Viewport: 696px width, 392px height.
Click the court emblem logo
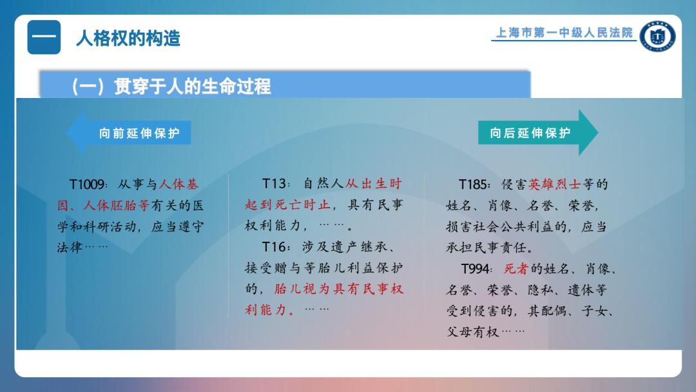pyautogui.click(x=658, y=36)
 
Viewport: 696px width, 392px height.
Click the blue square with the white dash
pyautogui.click(x=44, y=37)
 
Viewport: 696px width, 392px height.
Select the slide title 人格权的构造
pyautogui.click(x=128, y=38)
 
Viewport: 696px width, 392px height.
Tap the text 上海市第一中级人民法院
pyautogui.click(x=564, y=33)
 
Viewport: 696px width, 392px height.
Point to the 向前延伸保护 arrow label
pyautogui.click(x=139, y=133)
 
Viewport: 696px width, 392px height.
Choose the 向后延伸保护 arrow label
pyautogui.click(x=530, y=133)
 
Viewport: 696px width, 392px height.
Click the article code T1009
pyautogui.click(x=88, y=184)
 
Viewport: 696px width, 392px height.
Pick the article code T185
pyautogui.click(x=474, y=184)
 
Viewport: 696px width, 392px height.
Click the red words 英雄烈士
pyautogui.click(x=554, y=184)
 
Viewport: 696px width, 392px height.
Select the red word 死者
pyautogui.click(x=516, y=269)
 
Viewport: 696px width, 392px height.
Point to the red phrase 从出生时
pyautogui.click(x=373, y=183)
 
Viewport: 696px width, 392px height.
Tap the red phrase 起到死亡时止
pyautogui.click(x=287, y=204)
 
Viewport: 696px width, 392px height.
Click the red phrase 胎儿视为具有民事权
pyautogui.click(x=339, y=289)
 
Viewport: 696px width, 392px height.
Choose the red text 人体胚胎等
pyautogui.click(x=116, y=206)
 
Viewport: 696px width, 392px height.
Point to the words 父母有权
pyautogui.click(x=472, y=331)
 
